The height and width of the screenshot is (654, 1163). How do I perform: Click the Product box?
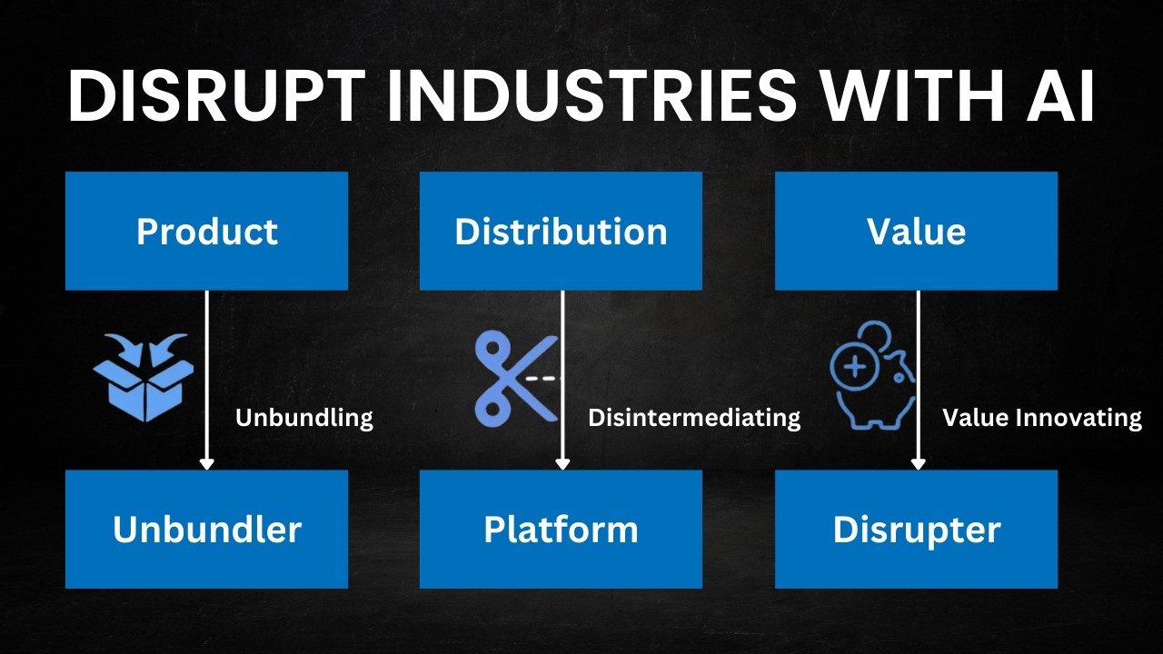click(x=206, y=231)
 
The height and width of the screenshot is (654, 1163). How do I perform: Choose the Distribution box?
click(x=561, y=231)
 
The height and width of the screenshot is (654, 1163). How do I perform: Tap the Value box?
click(x=916, y=231)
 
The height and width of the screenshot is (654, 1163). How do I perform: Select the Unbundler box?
click(x=206, y=529)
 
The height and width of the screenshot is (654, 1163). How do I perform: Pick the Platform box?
click(x=561, y=529)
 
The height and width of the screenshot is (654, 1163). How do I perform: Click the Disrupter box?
click(x=916, y=529)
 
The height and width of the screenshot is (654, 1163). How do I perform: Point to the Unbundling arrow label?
click(x=304, y=418)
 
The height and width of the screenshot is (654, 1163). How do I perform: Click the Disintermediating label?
click(x=694, y=418)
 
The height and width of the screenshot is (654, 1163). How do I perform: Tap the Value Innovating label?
click(x=1041, y=418)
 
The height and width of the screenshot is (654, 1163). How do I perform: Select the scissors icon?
click(x=514, y=379)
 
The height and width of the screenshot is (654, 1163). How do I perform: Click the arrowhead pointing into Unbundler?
click(x=206, y=463)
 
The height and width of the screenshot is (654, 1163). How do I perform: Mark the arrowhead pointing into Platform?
click(x=562, y=463)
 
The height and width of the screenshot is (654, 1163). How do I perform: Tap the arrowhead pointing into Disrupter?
click(x=918, y=463)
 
